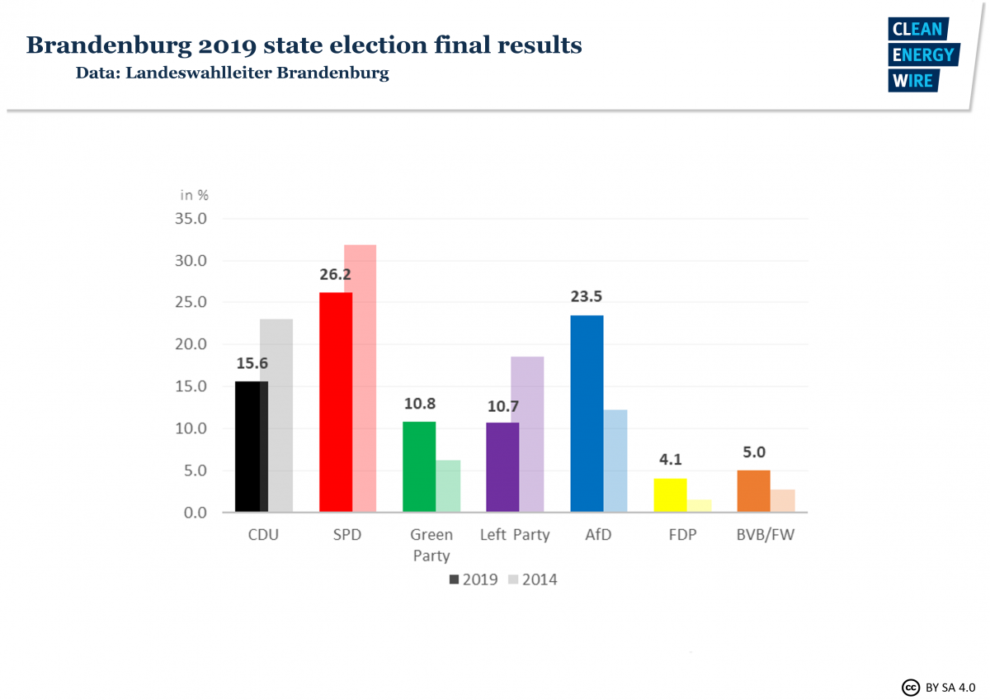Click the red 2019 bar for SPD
(x=335, y=402)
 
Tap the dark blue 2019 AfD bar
(x=587, y=414)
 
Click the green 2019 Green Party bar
(x=419, y=466)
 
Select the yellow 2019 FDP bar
(x=670, y=495)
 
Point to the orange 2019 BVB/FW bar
(x=754, y=491)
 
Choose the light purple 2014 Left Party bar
(x=528, y=434)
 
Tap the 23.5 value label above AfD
(x=587, y=297)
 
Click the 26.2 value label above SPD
(x=336, y=274)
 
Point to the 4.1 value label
(x=670, y=460)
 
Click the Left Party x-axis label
(x=515, y=535)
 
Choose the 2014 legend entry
(x=533, y=579)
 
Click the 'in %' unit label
(x=195, y=195)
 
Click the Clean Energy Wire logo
(x=922, y=54)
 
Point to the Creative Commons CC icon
(x=911, y=687)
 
